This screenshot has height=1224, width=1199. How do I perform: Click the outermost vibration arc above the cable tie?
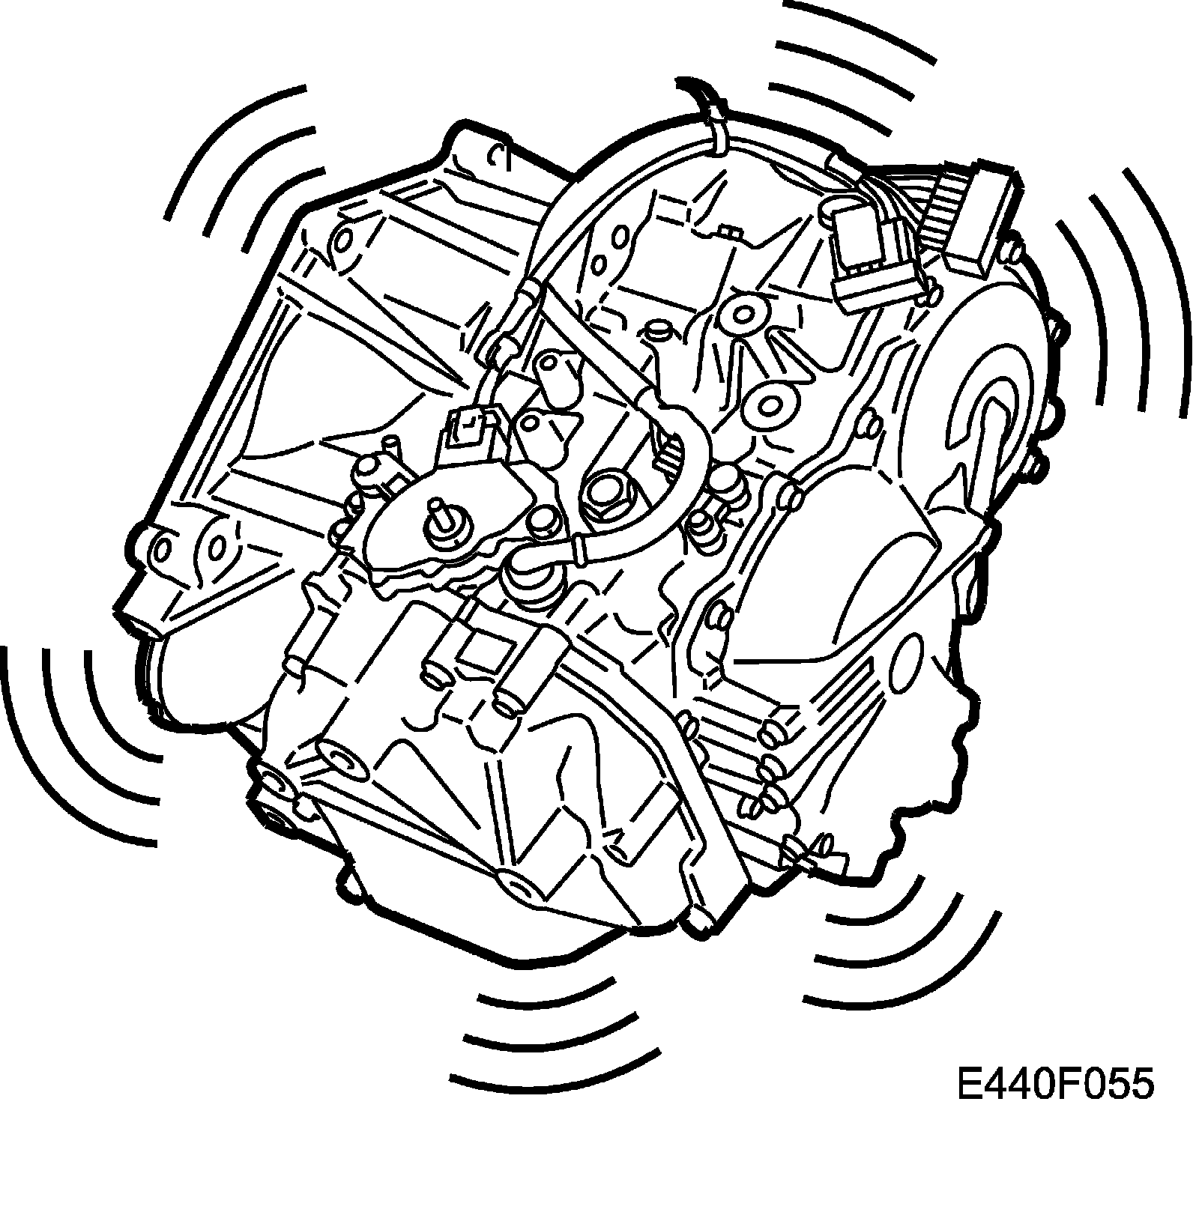tap(854, 30)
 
